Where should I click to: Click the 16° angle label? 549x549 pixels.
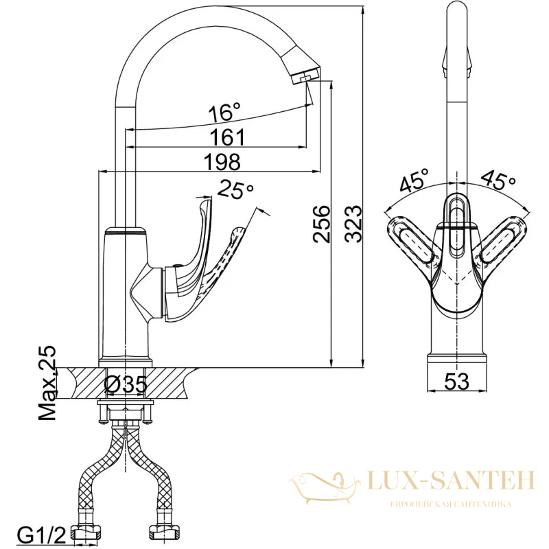pyautogui.click(x=225, y=112)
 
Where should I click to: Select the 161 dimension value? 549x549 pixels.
pyautogui.click(x=228, y=137)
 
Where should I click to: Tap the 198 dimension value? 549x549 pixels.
pyautogui.click(x=222, y=162)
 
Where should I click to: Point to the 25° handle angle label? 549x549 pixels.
pyautogui.click(x=235, y=189)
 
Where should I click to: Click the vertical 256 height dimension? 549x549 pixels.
pyautogui.click(x=321, y=224)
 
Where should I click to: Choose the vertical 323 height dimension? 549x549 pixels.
pyautogui.click(x=353, y=224)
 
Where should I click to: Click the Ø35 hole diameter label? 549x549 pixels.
pyautogui.click(x=126, y=385)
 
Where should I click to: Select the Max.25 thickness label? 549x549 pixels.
pyautogui.click(x=47, y=383)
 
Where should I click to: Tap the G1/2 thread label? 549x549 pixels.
pyautogui.click(x=42, y=535)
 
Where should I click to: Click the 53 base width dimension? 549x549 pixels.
pyautogui.click(x=456, y=381)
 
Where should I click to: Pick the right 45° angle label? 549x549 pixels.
pyautogui.click(x=499, y=179)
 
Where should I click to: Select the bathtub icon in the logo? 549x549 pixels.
pyautogui.click(x=325, y=488)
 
